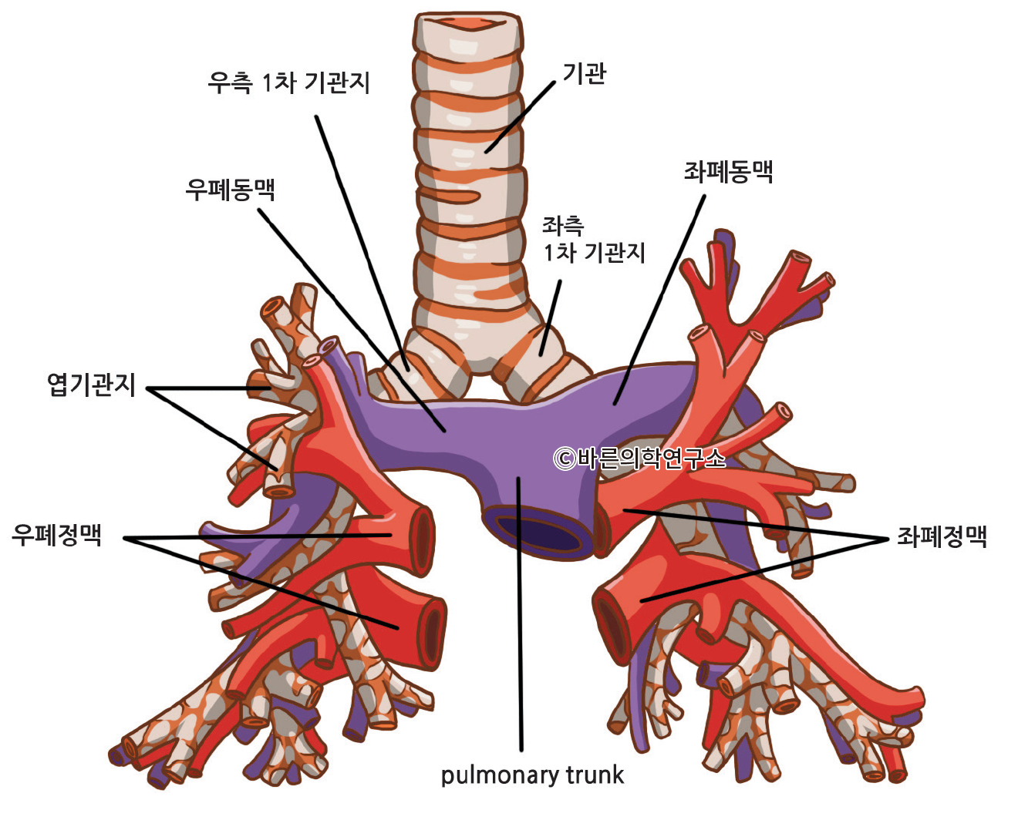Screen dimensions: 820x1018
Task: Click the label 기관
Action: click(584, 74)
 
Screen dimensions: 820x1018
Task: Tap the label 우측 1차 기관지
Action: click(288, 82)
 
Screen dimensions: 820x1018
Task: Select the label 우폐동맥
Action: click(230, 188)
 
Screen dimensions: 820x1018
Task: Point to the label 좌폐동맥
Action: click(728, 171)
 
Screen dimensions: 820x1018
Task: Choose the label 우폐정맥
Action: click(56, 534)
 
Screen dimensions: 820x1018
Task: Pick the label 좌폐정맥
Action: click(942, 536)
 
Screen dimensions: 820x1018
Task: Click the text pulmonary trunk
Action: click(532, 775)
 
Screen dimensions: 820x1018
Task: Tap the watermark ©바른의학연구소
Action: click(639, 459)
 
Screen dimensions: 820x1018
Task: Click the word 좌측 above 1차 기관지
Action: click(563, 226)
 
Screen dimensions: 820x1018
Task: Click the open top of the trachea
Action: click(467, 22)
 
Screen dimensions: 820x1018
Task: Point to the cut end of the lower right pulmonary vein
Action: click(434, 632)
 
